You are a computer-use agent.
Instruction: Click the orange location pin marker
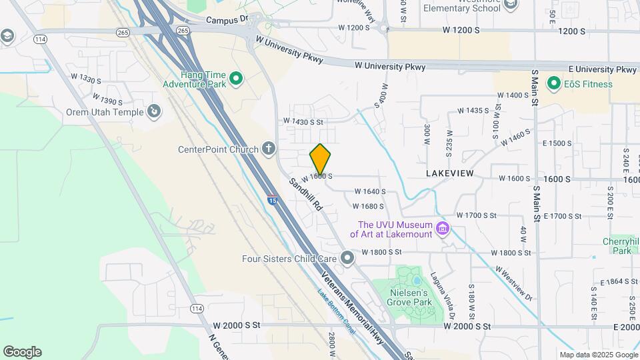320,159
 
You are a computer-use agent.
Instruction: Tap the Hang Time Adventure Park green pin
235,80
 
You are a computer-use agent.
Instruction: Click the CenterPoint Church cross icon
269,149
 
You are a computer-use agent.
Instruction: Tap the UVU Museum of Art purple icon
441,230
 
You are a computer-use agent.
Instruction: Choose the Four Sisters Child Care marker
347,257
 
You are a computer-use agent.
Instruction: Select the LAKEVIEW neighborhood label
449,173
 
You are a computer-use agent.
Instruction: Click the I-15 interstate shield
272,199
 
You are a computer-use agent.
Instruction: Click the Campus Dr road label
227,21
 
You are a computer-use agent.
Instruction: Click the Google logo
22,352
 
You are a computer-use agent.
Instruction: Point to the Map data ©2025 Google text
598,355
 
